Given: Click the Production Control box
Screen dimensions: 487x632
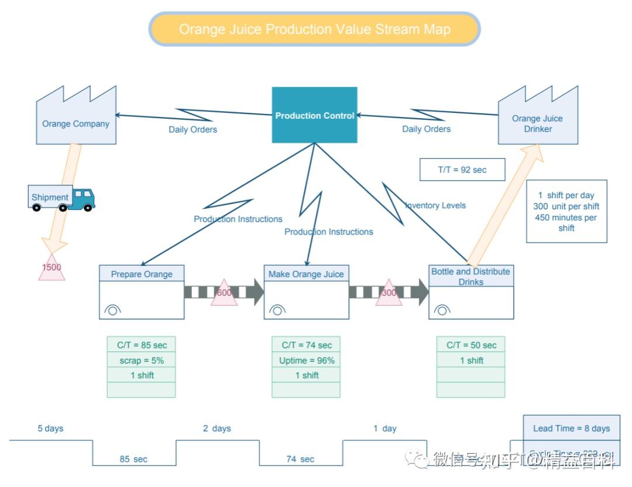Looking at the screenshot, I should click(314, 115).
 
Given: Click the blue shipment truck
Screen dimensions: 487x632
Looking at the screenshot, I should click(61, 198).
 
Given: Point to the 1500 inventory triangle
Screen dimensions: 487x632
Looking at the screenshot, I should click(51, 268).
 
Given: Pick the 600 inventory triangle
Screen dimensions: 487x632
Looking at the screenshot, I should click(224, 293).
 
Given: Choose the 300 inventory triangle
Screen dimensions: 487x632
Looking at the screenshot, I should click(389, 293).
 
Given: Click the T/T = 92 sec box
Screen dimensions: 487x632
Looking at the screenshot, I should click(462, 170).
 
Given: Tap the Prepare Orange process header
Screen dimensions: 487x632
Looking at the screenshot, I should click(142, 274).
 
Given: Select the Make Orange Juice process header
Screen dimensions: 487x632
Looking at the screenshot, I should click(306, 274).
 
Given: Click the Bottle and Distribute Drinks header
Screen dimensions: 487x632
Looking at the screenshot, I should click(471, 276).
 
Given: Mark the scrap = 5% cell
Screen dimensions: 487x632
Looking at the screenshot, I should click(142, 361).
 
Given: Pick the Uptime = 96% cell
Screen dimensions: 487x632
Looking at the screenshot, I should click(307, 361).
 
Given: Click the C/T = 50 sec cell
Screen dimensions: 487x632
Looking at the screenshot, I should click(471, 345).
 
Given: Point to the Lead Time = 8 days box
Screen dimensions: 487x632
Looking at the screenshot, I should click(571, 428).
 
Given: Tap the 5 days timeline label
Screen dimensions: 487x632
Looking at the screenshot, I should click(50, 429).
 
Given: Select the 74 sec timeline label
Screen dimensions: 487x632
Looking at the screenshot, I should click(300, 459).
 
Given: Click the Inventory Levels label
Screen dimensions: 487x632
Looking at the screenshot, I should click(436, 205).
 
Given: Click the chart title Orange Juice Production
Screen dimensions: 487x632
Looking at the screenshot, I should click(315, 29).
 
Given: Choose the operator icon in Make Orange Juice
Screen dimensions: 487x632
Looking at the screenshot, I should click(277, 310).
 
